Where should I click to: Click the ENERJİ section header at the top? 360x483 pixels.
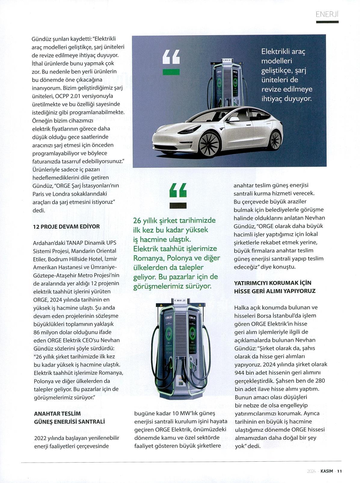coord(327,14)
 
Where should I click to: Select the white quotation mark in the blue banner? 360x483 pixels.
coord(171,57)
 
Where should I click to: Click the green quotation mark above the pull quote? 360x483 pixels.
coord(178,190)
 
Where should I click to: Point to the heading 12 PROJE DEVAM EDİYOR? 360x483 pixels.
coord(66,227)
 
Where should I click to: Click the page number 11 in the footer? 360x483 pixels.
coord(339,471)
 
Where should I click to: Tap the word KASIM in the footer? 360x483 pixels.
coord(327,471)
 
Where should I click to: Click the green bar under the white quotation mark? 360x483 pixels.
coord(171,72)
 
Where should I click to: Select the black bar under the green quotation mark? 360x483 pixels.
coord(178,206)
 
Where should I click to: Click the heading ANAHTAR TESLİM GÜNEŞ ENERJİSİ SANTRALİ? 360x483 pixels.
coord(69,418)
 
